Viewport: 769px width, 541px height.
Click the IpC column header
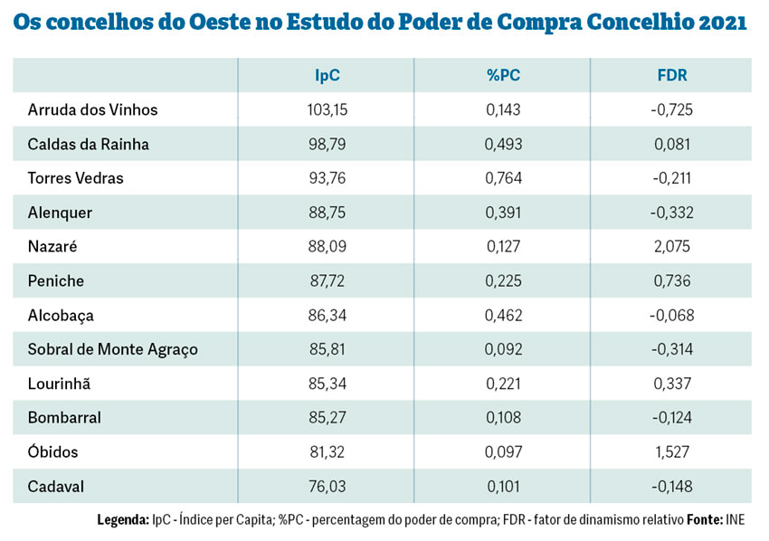tap(327, 76)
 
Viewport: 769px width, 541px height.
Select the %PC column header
tap(503, 76)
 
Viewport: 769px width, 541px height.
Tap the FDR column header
tap(671, 76)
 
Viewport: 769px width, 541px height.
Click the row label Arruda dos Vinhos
tap(92, 110)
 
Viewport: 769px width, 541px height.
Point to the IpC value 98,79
tap(327, 145)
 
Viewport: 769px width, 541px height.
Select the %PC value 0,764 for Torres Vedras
tap(503, 178)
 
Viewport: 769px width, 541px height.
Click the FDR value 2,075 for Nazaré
tap(671, 247)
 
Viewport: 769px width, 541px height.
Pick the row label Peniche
tap(55, 281)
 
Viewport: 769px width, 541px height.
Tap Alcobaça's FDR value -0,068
tap(671, 316)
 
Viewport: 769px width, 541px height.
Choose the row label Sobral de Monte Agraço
tap(112, 350)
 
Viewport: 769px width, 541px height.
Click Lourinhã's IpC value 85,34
tap(327, 384)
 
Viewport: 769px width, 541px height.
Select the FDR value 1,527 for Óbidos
tap(671, 452)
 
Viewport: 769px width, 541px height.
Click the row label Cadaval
tap(55, 487)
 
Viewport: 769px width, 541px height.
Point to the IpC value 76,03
tap(327, 487)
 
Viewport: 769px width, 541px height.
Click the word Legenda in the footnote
tap(122, 521)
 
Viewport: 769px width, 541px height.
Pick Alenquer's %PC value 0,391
tap(503, 213)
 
